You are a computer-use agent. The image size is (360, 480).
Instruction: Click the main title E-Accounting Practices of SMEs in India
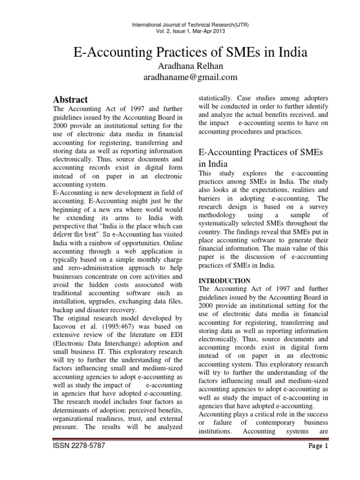(190, 52)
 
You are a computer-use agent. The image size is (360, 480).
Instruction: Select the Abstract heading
(70, 99)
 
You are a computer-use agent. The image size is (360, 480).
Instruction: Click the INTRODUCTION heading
(224, 280)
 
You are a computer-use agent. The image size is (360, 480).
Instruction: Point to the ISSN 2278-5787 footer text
(78, 446)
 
